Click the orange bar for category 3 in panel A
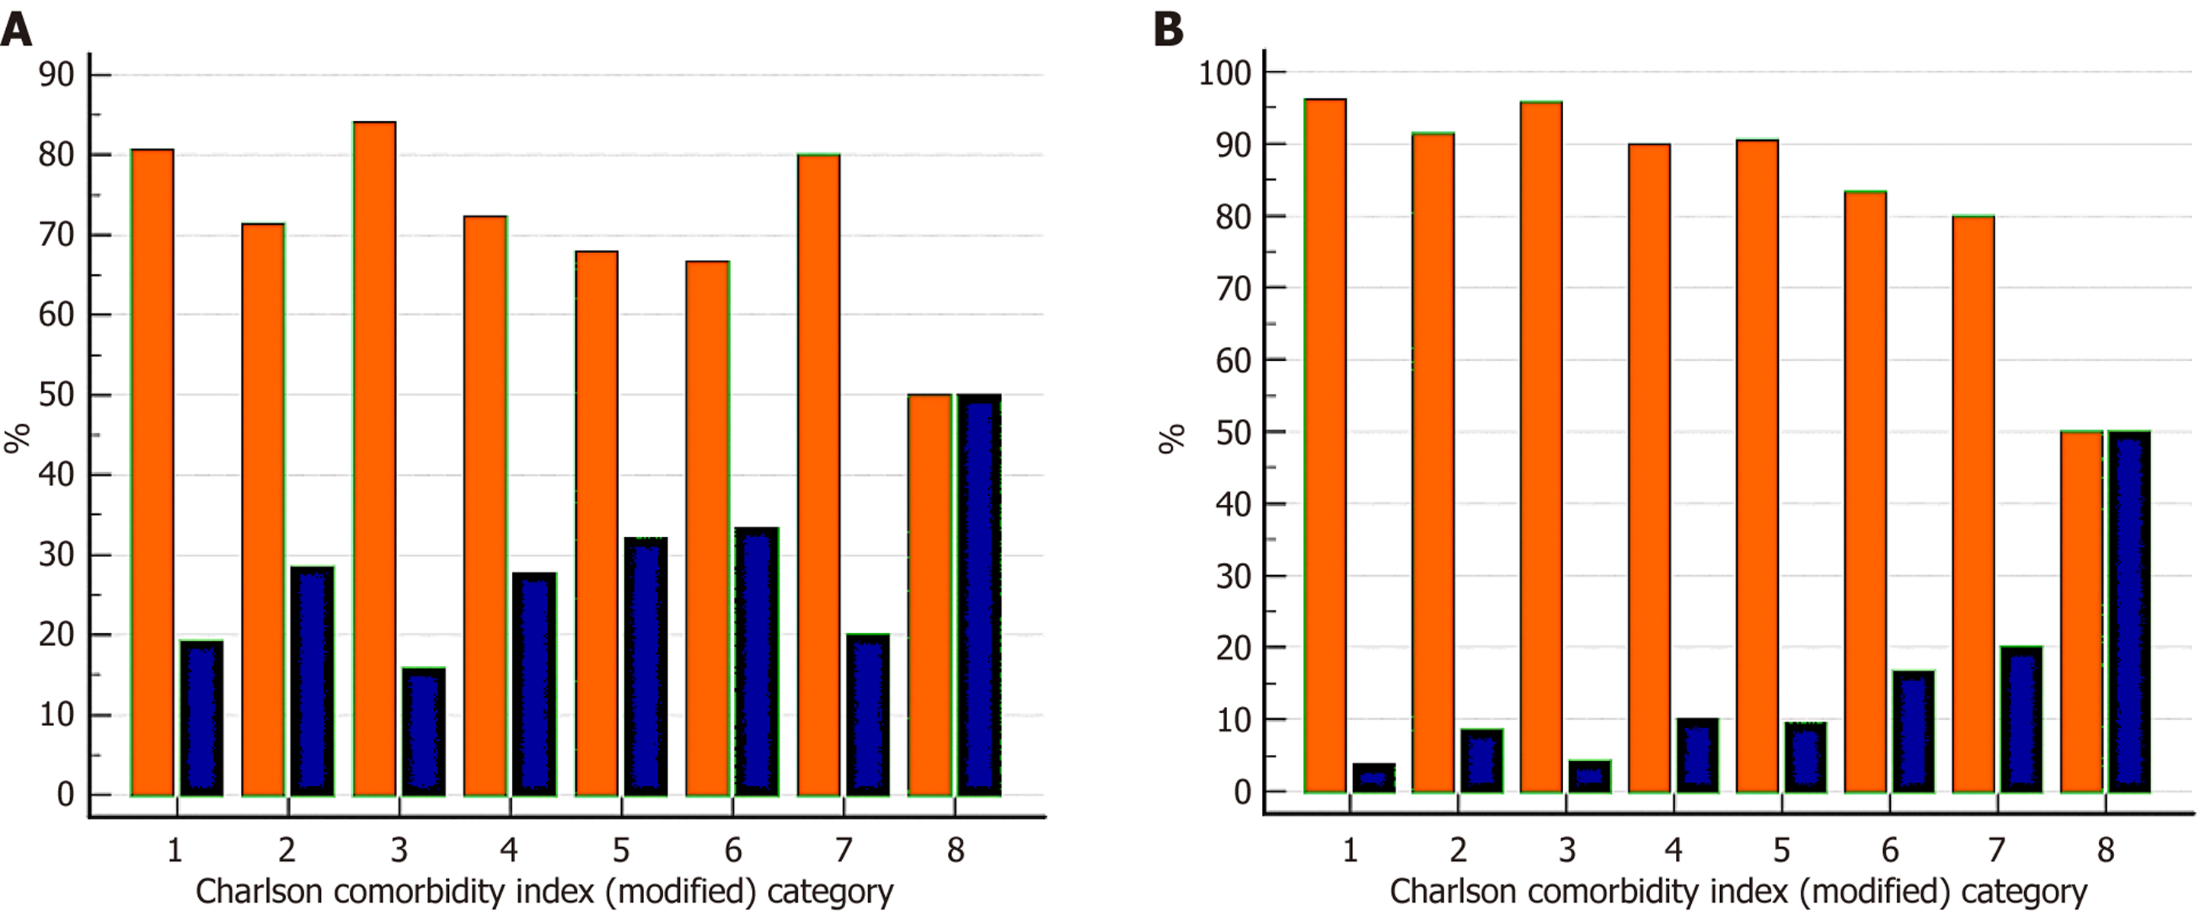(x=374, y=459)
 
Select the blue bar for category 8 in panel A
(x=979, y=596)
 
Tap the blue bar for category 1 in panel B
(x=1374, y=779)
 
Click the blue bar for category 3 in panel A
(x=424, y=732)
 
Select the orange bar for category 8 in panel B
(x=2081, y=612)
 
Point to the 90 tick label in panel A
(x=56, y=75)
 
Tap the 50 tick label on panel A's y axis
(x=56, y=395)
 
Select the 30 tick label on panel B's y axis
(x=1234, y=577)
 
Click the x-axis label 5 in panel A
(x=621, y=851)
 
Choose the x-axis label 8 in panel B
(x=2105, y=850)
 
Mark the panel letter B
(x=1168, y=30)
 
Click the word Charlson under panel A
(x=259, y=892)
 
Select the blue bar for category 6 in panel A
(x=757, y=662)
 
